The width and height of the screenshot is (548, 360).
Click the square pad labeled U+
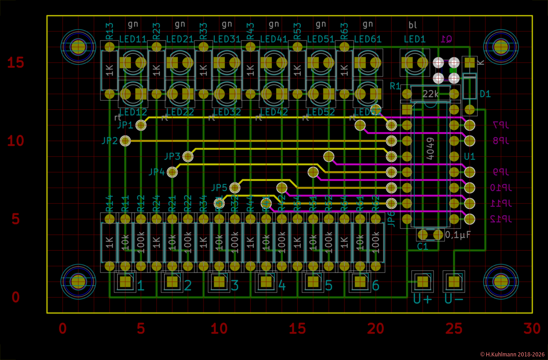(x=422, y=282)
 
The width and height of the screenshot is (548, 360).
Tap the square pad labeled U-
(x=454, y=282)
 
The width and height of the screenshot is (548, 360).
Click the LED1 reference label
(x=414, y=39)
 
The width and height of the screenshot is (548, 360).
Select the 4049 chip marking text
(x=430, y=148)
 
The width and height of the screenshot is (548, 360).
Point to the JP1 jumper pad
(x=141, y=125)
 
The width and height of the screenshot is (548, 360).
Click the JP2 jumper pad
(x=126, y=141)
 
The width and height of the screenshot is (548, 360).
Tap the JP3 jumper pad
(x=188, y=157)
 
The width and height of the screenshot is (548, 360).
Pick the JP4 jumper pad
(x=172, y=172)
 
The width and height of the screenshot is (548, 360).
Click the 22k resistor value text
(x=430, y=94)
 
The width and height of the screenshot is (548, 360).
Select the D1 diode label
(x=485, y=94)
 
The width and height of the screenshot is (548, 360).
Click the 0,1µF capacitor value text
(x=458, y=234)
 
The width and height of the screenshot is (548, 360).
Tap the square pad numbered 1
(x=125, y=282)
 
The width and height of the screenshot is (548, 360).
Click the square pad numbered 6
(x=360, y=282)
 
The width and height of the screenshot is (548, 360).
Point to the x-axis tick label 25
(x=454, y=329)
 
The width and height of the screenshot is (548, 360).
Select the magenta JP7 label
(x=500, y=125)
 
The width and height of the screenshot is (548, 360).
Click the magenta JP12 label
(x=499, y=219)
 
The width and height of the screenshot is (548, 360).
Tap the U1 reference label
(x=470, y=157)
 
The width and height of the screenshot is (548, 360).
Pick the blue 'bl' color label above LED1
(x=412, y=24)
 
